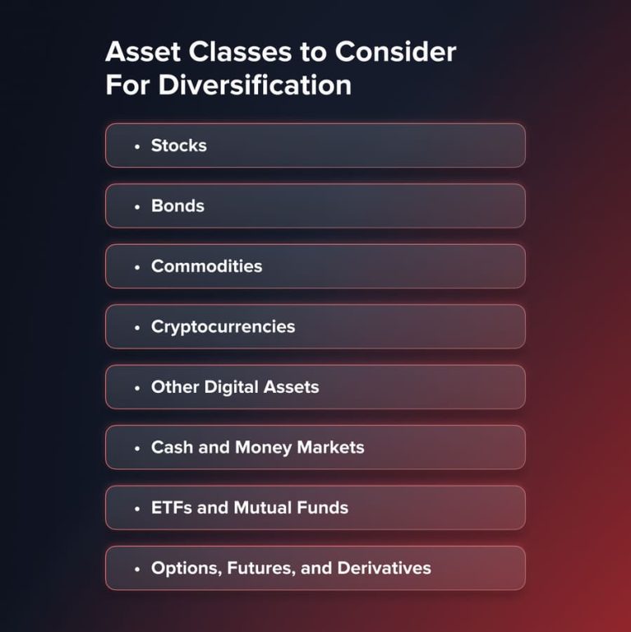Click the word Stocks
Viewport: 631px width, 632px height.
[178, 145]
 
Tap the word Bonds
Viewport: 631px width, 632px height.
[177, 205]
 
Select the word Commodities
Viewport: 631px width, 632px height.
[206, 266]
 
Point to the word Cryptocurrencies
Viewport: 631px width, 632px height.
[223, 326]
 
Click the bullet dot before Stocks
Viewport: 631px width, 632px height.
[137, 146]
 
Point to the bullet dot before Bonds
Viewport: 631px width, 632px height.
[137, 206]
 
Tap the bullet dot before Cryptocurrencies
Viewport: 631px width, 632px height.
[137, 327]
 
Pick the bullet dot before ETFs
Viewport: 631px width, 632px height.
[137, 509]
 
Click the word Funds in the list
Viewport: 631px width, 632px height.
[321, 508]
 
